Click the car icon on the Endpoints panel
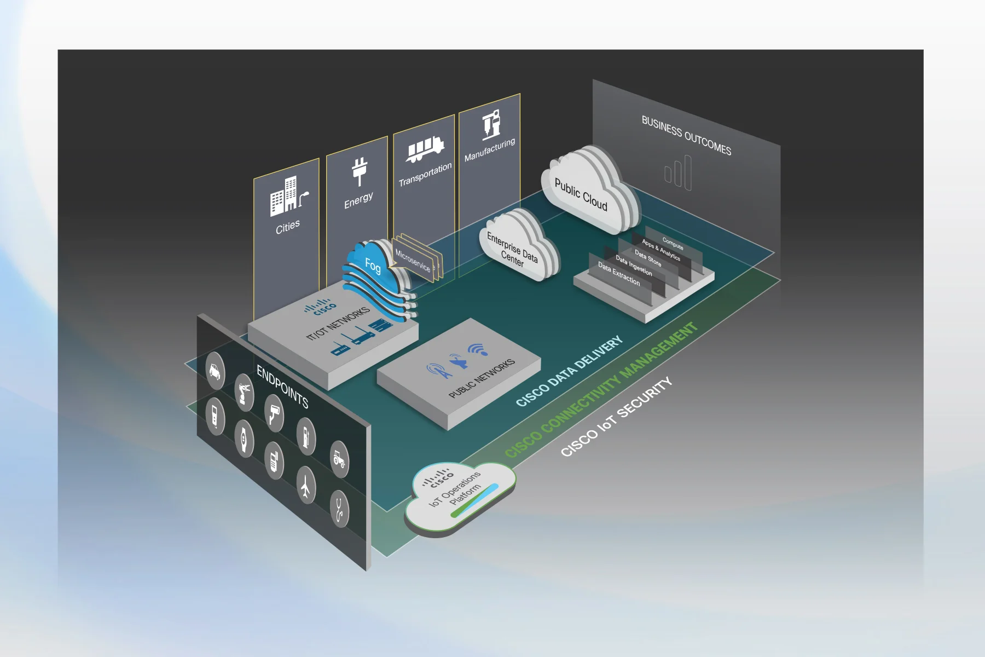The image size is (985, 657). (215, 371)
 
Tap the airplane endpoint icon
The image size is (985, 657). (305, 485)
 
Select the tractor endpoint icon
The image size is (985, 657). (339, 459)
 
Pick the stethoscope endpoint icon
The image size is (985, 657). (340, 509)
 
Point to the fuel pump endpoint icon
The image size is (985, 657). (306, 435)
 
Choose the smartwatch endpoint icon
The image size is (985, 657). (244, 438)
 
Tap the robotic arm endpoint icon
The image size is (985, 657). (244, 392)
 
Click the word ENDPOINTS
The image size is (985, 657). (282, 387)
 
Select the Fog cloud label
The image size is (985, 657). (373, 266)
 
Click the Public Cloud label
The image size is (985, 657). (581, 194)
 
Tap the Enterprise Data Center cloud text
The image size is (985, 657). (512, 249)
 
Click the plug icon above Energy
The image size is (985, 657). (359, 171)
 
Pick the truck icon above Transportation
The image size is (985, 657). (424, 148)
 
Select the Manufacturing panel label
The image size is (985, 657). (490, 149)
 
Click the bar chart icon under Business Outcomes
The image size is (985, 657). (679, 172)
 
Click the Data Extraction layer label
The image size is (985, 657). (618, 273)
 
